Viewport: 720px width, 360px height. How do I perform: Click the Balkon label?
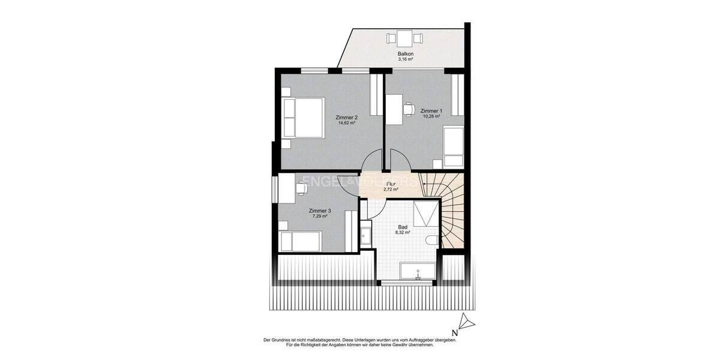point(406,54)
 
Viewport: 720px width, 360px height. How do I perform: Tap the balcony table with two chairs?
point(405,39)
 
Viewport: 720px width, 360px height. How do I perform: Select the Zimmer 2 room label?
point(347,117)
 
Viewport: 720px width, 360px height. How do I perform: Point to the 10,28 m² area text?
point(431,116)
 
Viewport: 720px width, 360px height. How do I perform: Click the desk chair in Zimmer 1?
point(409,109)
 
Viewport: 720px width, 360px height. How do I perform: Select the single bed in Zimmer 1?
point(453,146)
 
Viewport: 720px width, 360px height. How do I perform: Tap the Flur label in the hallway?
point(391,184)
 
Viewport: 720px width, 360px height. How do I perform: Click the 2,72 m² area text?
point(391,190)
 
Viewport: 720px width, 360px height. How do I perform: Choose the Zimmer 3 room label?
point(320,211)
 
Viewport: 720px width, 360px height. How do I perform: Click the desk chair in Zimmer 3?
point(301,188)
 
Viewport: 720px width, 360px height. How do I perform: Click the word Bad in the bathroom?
point(403,227)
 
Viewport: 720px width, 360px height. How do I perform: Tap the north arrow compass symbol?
point(466,323)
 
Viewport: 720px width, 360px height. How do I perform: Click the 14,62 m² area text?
point(347,123)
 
